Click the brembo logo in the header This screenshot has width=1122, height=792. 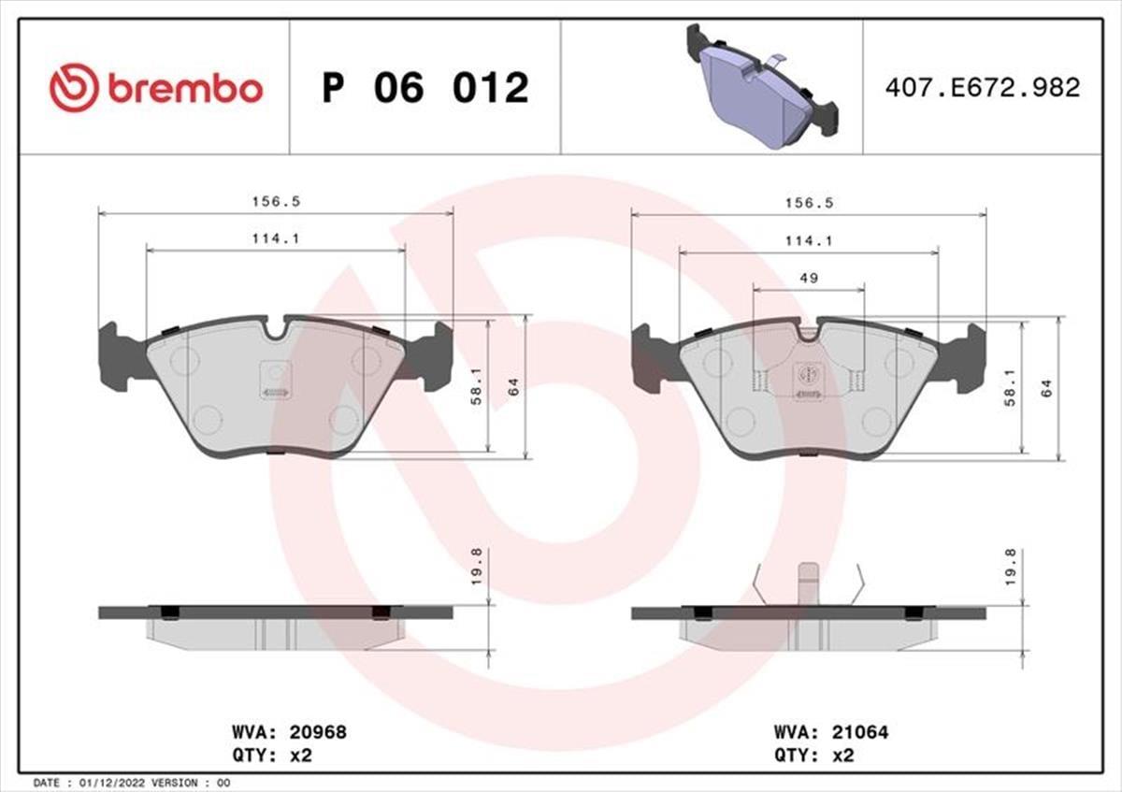[x=156, y=88]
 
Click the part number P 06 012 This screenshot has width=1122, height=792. [x=425, y=88]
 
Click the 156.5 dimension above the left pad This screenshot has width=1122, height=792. [x=267, y=201]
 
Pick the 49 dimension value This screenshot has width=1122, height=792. [x=809, y=278]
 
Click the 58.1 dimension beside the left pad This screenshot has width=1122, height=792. [x=477, y=385]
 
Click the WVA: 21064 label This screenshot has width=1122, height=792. [x=830, y=732]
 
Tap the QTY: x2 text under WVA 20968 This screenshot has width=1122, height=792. [x=270, y=756]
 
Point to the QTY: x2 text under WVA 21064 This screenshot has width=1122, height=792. [x=813, y=756]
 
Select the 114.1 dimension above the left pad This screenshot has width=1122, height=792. [x=275, y=238]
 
